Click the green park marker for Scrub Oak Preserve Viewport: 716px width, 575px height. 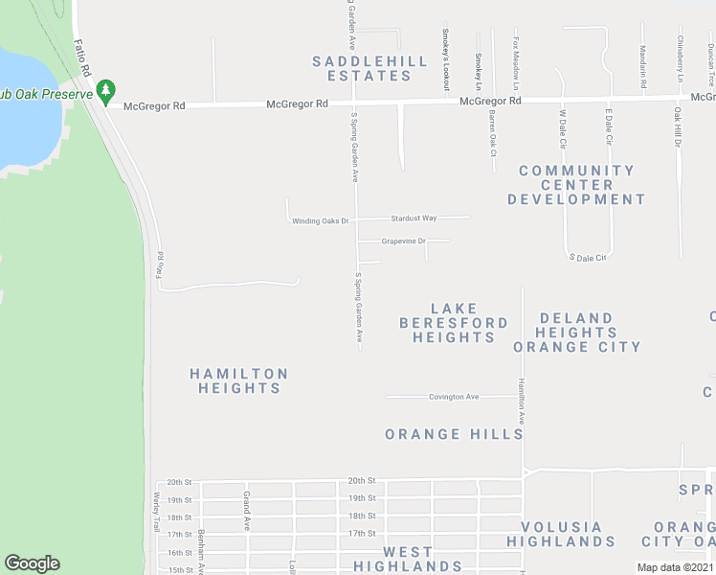tap(106, 93)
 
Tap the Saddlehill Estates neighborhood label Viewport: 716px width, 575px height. tap(369, 68)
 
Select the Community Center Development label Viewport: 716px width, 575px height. tap(576, 185)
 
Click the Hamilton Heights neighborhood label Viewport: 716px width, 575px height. tap(238, 380)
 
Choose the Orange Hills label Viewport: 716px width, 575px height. tap(454, 434)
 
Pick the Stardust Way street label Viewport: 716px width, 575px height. tap(414, 218)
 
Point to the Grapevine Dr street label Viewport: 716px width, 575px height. tap(403, 241)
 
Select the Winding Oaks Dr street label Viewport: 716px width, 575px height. tap(321, 221)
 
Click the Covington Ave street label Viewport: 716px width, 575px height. tap(454, 397)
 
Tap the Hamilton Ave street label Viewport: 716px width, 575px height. tap(523, 401)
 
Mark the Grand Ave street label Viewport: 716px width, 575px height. tap(246, 511)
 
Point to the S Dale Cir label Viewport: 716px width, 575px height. tap(588, 258)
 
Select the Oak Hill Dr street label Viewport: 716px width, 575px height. tap(677, 127)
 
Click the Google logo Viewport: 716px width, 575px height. tap(32, 563)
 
